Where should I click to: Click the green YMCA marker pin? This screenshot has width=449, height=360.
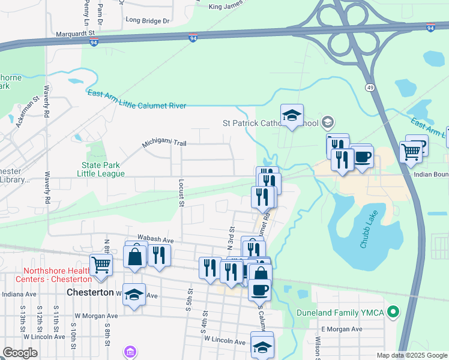[394, 312]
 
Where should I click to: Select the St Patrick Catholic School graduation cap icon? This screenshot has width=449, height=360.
[292, 115]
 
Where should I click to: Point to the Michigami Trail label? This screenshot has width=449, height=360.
[164, 144]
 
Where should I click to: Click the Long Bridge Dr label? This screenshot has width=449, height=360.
[148, 20]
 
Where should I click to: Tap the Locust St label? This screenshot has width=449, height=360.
[181, 191]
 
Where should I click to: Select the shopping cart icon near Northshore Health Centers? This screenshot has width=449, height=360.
[101, 264]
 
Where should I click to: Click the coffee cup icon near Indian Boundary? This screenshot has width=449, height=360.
[363, 157]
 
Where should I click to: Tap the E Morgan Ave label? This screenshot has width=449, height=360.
[342, 329]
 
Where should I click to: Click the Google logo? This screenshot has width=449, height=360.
[20, 353]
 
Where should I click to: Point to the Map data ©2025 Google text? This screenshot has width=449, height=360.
[411, 355]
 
